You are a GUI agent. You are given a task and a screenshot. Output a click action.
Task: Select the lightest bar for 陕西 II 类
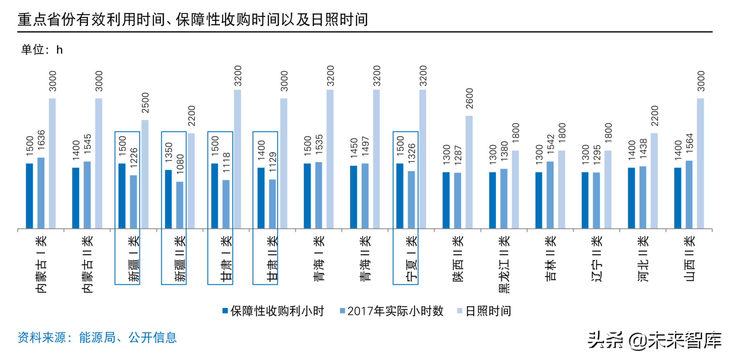tap(469, 172)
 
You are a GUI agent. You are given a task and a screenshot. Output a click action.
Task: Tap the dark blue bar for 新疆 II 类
tap(168, 199)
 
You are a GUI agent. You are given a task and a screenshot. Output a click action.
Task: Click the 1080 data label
tap(180, 164)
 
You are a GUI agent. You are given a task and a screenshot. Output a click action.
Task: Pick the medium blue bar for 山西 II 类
tap(689, 195)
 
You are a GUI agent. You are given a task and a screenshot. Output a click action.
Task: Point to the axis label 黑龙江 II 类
tap(504, 264)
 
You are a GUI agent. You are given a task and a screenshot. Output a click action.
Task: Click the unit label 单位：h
tap(42, 50)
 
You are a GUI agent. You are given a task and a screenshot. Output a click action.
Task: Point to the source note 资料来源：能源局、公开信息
tap(97, 337)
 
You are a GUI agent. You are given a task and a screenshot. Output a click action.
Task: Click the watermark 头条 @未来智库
tap(654, 340)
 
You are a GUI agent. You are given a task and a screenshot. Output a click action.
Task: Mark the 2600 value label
tap(469, 98)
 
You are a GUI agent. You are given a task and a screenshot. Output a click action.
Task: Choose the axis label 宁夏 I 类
tap(411, 258)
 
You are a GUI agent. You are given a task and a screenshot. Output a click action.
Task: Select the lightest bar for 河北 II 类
tap(654, 181)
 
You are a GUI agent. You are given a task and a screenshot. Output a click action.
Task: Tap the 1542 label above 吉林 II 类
tap(550, 144)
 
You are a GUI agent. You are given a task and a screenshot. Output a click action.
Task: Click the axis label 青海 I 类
tap(319, 258)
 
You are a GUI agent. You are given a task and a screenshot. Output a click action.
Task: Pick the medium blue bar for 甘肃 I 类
tap(226, 204)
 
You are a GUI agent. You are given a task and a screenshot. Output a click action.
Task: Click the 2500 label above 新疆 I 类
tap(145, 103)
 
